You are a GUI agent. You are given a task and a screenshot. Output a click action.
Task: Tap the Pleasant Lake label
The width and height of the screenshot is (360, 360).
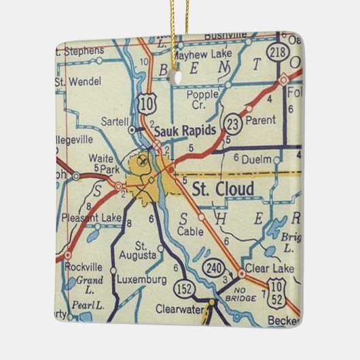(x=90, y=218)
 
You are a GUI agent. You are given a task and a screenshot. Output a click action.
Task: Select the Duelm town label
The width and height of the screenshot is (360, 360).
(x=257, y=158)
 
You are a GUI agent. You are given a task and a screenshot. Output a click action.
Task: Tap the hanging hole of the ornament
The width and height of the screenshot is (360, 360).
(x=179, y=76)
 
